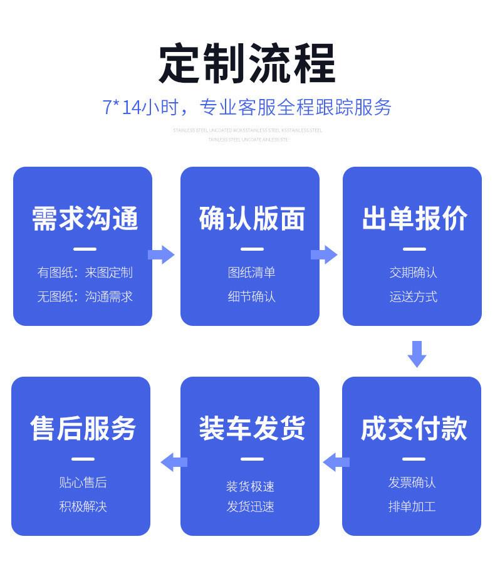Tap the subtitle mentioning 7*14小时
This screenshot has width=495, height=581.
247,108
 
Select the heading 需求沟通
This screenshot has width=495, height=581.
85,219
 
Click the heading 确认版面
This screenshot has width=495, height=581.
252,219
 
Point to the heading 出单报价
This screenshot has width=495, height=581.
414,219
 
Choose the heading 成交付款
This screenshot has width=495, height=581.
414,429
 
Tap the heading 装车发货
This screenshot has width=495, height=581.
252,429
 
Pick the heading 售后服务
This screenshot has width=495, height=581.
83,429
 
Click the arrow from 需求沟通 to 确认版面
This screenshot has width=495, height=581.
162,254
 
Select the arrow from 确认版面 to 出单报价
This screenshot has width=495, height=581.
324,254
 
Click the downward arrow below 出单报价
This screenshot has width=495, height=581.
417,354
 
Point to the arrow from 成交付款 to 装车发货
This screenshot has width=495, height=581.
336,463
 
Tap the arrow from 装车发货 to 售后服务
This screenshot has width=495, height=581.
174,463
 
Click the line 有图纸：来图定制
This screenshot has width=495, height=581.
85,273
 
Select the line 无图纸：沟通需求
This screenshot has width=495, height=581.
85,296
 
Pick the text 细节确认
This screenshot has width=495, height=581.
252,296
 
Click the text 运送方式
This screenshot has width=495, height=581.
414,296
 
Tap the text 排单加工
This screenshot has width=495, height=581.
412,506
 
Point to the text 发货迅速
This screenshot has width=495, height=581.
251,506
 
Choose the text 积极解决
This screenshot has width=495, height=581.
83,506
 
